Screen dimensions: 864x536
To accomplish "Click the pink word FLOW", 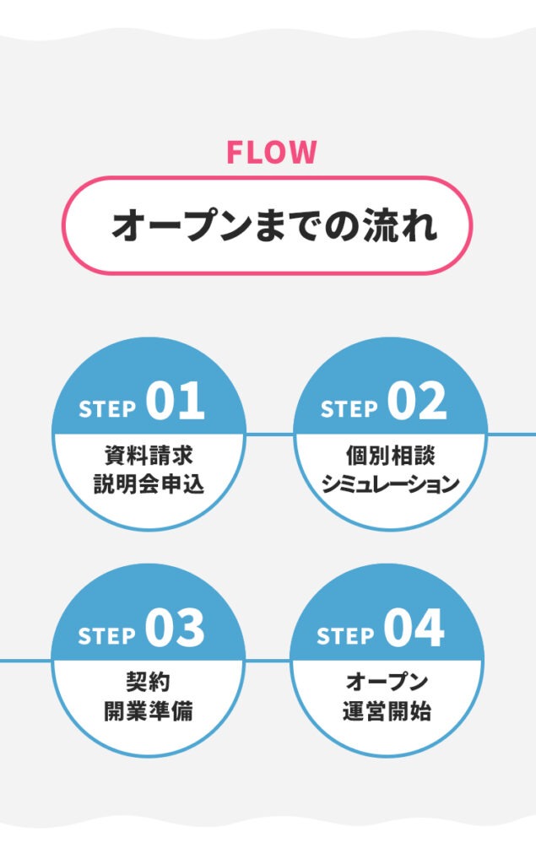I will coord(271,153).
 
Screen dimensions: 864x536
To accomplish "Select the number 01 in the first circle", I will coord(176,402).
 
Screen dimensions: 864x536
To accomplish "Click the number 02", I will coord(417,402).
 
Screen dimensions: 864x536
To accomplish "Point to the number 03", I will coord(175,629).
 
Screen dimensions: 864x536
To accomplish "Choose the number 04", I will coord(414,629).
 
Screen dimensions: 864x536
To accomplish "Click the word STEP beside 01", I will coord(108,409).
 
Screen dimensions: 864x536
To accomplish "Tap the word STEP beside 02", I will coord(349,409).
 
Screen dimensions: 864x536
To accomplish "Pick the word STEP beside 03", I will coord(107,636).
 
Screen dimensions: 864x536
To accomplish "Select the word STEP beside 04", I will coord(346,636).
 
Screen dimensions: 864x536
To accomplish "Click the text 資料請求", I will coord(149,456).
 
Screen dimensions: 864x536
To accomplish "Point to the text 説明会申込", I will coord(149,485).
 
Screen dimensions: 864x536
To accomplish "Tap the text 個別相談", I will coord(389,456).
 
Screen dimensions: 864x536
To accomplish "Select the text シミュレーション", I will coord(390,485).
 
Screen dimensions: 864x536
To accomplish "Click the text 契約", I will coord(149,682).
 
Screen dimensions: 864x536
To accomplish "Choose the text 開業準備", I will coord(149,711).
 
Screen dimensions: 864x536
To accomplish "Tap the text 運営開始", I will coord(387,711).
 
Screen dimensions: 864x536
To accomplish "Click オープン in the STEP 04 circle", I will coord(387,682).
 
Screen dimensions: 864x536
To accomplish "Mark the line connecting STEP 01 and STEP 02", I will coord(269,434).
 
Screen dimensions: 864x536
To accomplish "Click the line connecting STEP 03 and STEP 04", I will coord(268,661).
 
